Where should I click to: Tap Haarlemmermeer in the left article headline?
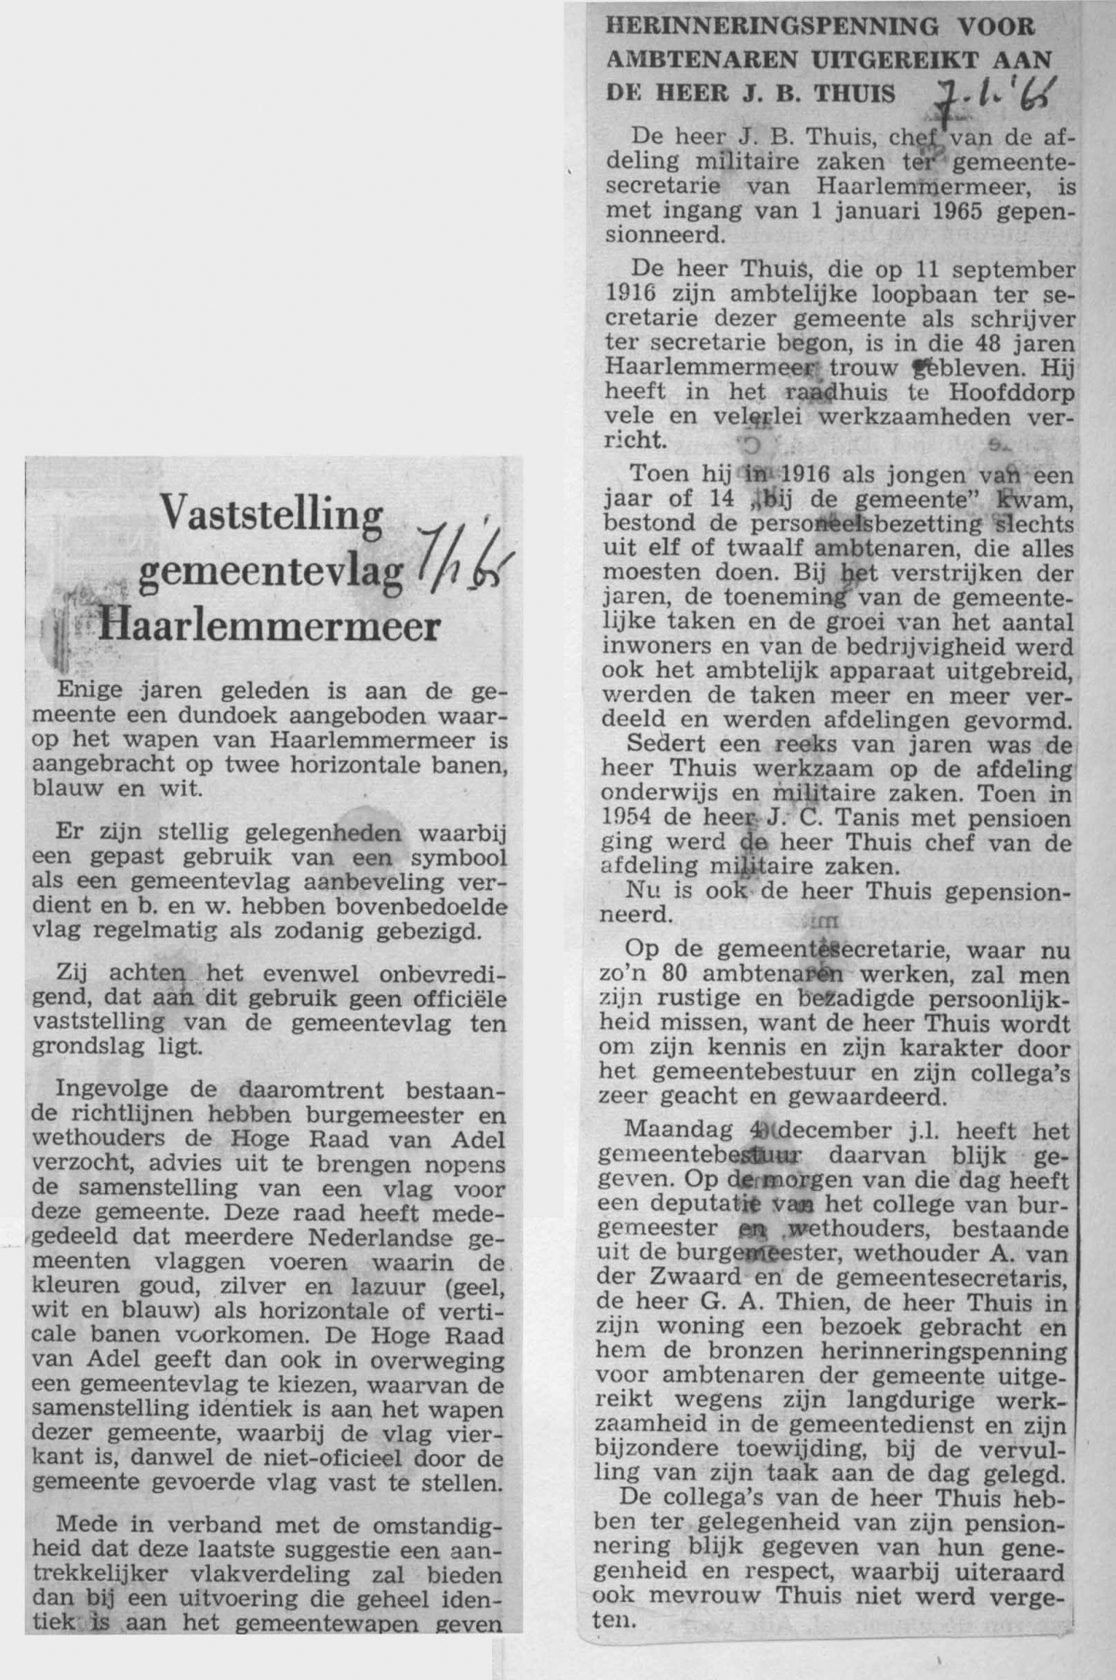269,626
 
